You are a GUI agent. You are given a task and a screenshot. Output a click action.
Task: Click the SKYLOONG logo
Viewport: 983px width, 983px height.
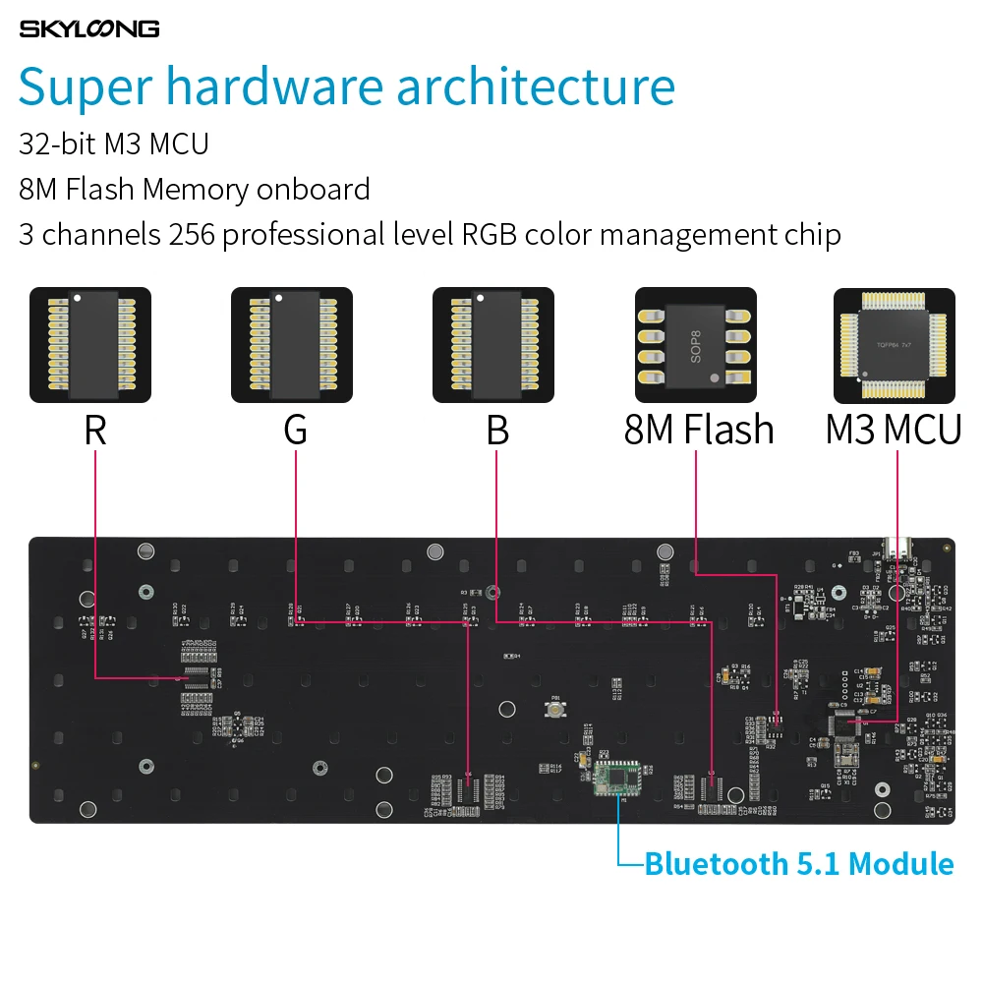[89, 29]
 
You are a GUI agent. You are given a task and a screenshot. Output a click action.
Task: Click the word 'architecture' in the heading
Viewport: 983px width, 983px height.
[536, 87]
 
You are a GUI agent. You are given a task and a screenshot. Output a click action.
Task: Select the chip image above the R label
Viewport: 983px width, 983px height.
[90, 345]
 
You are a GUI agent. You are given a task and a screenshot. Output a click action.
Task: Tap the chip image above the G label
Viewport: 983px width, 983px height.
[292, 345]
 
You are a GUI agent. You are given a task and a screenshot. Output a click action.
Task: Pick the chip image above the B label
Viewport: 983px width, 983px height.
[493, 345]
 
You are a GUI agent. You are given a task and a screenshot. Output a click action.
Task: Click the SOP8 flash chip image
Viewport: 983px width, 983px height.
[695, 345]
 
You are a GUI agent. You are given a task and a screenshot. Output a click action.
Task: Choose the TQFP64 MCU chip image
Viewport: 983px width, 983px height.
[895, 345]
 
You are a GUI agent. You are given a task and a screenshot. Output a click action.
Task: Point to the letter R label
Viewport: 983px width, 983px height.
[94, 431]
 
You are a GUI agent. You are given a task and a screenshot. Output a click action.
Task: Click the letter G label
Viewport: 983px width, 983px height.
[295, 431]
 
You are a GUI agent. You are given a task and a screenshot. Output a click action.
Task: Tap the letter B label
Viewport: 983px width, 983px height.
[497, 431]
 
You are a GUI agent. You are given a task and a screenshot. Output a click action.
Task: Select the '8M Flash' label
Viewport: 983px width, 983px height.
[699, 431]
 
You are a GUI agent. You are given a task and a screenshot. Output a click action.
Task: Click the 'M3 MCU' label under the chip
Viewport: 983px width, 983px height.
[893, 431]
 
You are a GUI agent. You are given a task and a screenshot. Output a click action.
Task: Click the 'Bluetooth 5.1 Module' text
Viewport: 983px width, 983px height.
[798, 864]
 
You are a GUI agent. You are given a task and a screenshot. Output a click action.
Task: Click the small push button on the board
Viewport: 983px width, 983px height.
[556, 708]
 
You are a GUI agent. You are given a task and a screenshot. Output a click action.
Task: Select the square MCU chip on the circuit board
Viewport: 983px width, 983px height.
[843, 724]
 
